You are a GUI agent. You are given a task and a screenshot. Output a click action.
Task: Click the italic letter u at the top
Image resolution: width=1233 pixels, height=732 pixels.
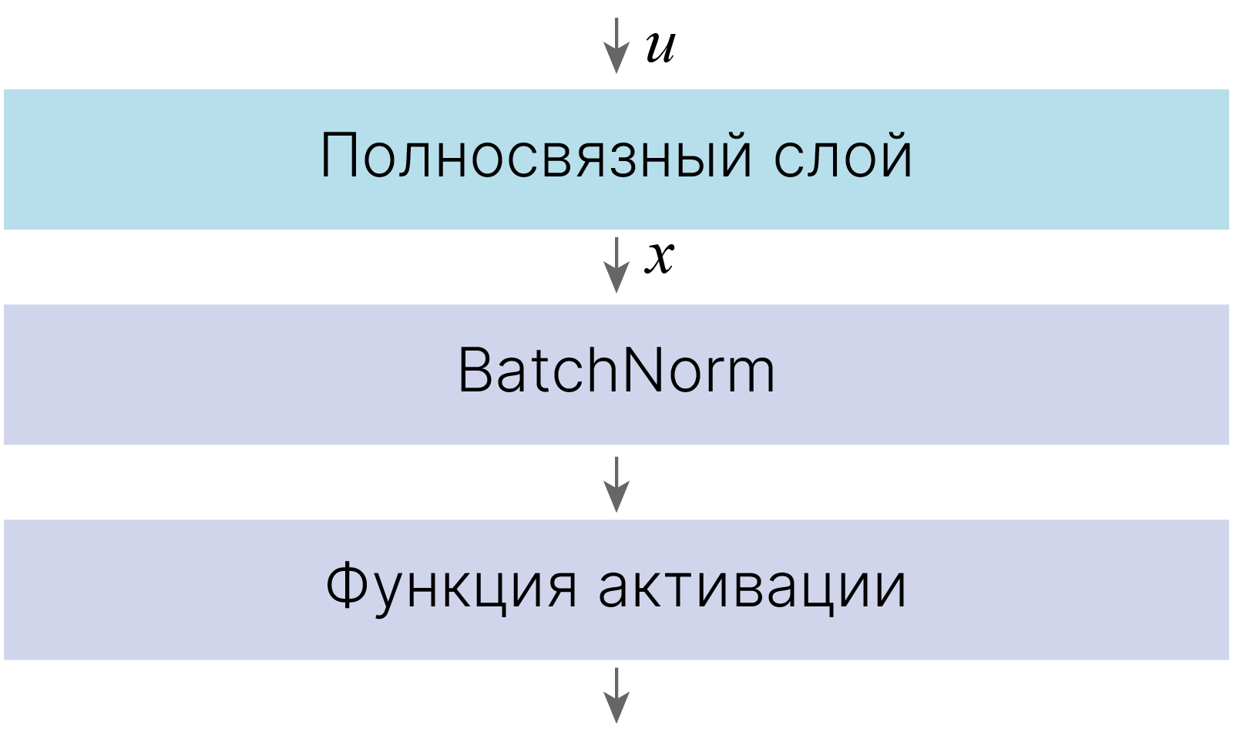click(x=660, y=47)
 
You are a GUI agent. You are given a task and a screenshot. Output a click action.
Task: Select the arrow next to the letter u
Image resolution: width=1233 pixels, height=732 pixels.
click(x=616, y=45)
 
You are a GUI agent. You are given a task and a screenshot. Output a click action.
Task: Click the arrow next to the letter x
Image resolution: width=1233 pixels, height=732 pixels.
click(x=616, y=265)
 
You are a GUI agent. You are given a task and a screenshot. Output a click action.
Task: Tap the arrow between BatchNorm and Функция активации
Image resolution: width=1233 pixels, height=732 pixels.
click(x=616, y=485)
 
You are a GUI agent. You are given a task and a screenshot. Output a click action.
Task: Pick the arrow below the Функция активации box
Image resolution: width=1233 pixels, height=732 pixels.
click(x=616, y=695)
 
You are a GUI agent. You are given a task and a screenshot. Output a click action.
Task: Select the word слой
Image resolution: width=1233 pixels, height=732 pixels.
click(x=843, y=155)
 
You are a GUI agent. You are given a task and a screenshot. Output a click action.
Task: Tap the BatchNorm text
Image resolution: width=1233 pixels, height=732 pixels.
click(x=616, y=371)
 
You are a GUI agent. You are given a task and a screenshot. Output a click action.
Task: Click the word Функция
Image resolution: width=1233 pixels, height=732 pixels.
click(x=451, y=586)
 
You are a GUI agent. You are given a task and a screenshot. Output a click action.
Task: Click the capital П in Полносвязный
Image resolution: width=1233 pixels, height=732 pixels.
click(x=340, y=155)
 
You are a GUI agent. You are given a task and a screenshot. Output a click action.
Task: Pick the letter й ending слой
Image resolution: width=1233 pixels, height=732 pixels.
click(x=893, y=155)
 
